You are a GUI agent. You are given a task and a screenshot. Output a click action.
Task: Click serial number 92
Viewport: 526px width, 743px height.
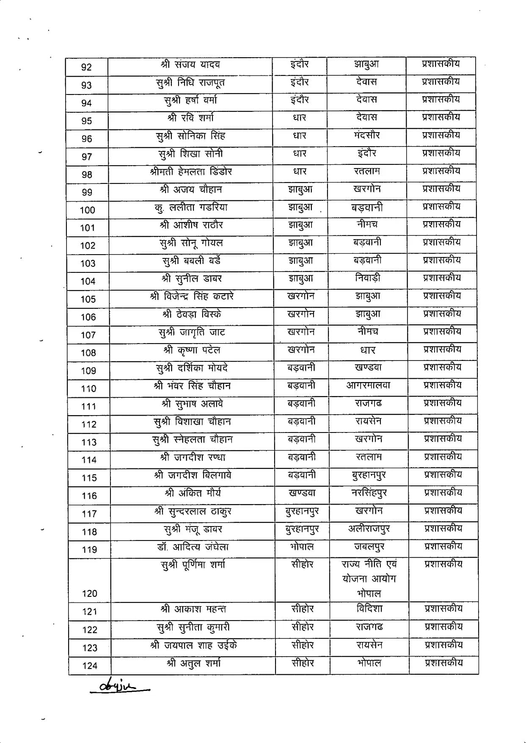tap(86, 67)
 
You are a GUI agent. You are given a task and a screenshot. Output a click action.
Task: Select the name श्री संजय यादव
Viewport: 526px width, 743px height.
tap(190, 65)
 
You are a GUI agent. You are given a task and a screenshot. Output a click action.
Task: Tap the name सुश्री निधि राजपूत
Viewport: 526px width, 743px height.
tap(190, 83)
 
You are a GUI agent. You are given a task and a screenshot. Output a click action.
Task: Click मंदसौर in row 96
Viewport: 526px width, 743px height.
tap(367, 135)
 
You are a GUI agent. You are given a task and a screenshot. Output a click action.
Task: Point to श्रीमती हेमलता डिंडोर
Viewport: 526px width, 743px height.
tap(191, 172)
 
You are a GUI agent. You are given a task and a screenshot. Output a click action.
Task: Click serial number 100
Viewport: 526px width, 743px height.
tap(88, 210)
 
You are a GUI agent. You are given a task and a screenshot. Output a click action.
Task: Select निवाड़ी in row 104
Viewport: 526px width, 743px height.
tap(368, 278)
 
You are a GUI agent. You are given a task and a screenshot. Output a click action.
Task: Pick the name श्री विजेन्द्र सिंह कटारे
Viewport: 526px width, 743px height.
tap(192, 296)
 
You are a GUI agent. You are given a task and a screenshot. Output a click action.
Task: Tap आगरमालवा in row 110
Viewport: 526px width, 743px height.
tap(368, 385)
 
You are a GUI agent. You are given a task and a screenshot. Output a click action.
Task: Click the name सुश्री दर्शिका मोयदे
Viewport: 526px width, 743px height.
tap(192, 368)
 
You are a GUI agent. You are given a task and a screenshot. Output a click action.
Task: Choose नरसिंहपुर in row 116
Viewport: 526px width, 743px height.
tap(369, 493)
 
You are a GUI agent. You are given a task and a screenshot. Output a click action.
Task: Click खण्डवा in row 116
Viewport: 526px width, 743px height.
tap(302, 493)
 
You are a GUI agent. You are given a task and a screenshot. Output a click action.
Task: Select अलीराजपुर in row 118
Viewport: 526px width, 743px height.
tap(369, 529)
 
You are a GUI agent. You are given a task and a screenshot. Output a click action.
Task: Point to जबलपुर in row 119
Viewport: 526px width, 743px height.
tap(369, 547)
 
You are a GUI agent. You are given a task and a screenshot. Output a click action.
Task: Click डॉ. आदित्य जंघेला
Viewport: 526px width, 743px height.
tap(193, 547)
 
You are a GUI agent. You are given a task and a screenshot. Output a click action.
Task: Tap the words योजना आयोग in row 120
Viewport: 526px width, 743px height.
tap(369, 579)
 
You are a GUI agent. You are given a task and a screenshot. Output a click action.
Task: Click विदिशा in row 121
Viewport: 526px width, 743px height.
tap(369, 609)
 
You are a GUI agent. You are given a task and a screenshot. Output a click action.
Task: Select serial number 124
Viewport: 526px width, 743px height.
tap(90, 666)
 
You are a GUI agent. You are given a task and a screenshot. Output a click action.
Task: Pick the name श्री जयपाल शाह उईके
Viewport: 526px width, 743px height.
tap(193, 645)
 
